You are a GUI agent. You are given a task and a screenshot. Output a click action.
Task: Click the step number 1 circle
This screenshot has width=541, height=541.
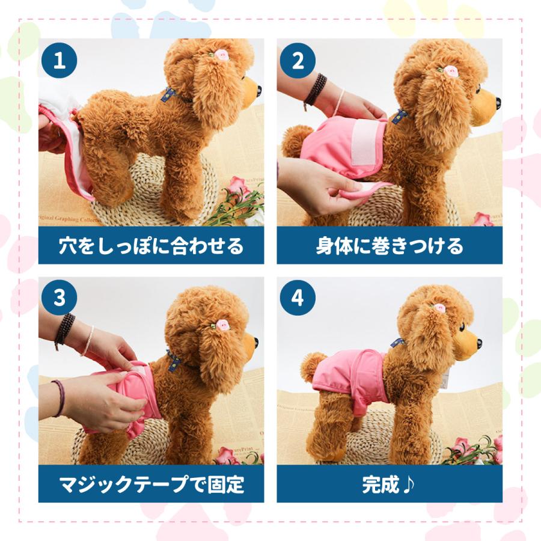[59, 60]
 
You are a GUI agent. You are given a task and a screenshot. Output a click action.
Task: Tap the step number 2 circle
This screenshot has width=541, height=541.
[298, 60]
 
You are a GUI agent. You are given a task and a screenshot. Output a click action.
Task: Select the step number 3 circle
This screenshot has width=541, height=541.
[59, 298]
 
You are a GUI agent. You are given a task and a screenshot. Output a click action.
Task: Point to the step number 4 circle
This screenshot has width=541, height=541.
[298, 298]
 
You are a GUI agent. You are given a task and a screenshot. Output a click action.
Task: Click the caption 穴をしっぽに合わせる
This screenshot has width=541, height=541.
[151, 246]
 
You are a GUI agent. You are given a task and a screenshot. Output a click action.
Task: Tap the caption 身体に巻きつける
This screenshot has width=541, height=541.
[390, 246]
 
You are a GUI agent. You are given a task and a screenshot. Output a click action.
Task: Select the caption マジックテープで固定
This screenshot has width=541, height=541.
[151, 484]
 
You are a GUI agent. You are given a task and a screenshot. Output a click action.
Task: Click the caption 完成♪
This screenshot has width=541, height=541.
[388, 484]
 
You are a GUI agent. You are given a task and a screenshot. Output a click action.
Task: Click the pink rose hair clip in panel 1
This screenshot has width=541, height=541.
[221, 55]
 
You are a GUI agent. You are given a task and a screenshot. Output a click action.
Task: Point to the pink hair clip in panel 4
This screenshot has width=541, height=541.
[439, 308]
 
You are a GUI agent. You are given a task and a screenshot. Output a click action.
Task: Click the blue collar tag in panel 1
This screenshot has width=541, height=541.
[168, 95]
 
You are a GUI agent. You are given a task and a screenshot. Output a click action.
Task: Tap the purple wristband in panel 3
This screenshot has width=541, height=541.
[60, 397]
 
